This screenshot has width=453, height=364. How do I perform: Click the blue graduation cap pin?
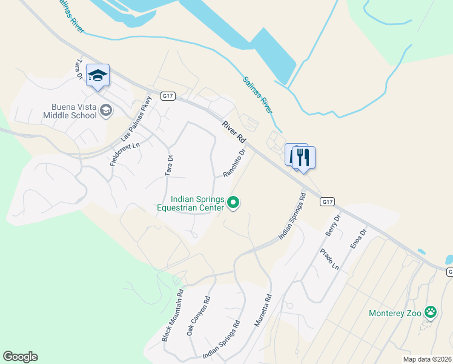tap(98, 76)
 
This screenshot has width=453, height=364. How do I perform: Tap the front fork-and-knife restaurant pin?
tap(303, 158)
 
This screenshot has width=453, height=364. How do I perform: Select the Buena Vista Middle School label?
tap(70, 110)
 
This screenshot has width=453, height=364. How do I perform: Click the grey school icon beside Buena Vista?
tap(106, 110)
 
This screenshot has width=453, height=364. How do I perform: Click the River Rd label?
tap(233, 131)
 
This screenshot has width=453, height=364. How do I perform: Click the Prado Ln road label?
tap(331, 259)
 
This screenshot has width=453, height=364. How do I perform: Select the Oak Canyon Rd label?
tap(198, 316)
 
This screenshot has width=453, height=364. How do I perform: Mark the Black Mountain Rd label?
tap(171, 315)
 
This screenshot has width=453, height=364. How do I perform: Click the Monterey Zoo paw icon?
tap(431, 313)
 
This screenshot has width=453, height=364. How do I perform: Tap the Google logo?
tap(20, 357)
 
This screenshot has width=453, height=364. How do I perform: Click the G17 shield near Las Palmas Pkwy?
tap(168, 96)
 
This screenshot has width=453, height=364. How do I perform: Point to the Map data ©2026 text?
tap(427, 359)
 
